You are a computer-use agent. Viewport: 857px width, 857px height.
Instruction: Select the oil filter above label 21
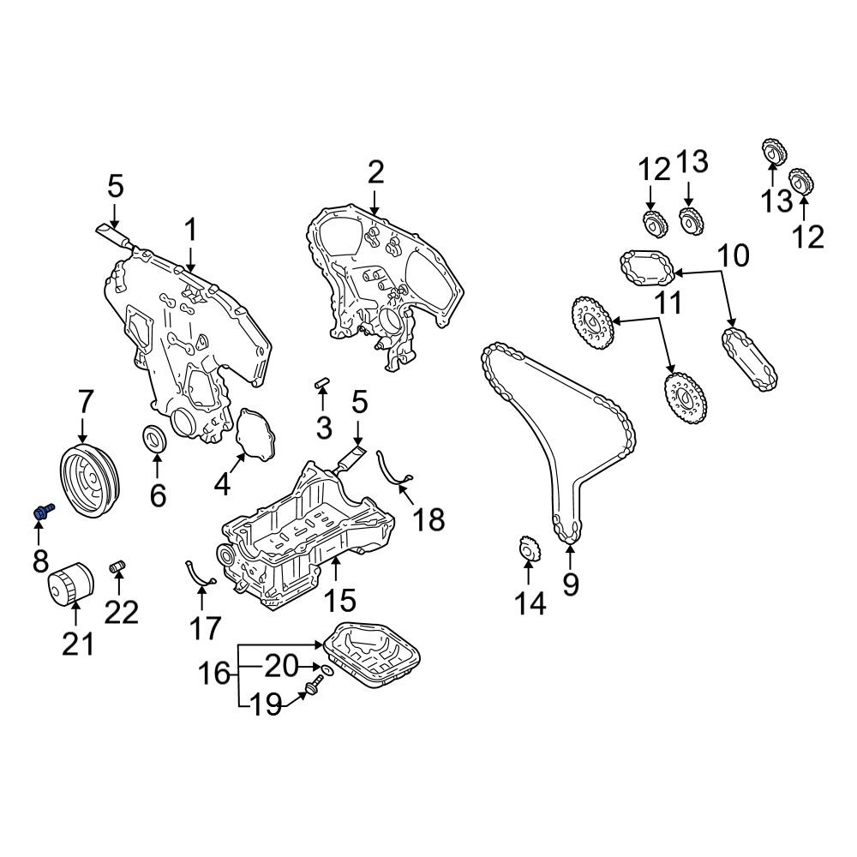pos(70,583)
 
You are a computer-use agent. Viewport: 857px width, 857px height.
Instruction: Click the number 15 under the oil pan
pos(340,599)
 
